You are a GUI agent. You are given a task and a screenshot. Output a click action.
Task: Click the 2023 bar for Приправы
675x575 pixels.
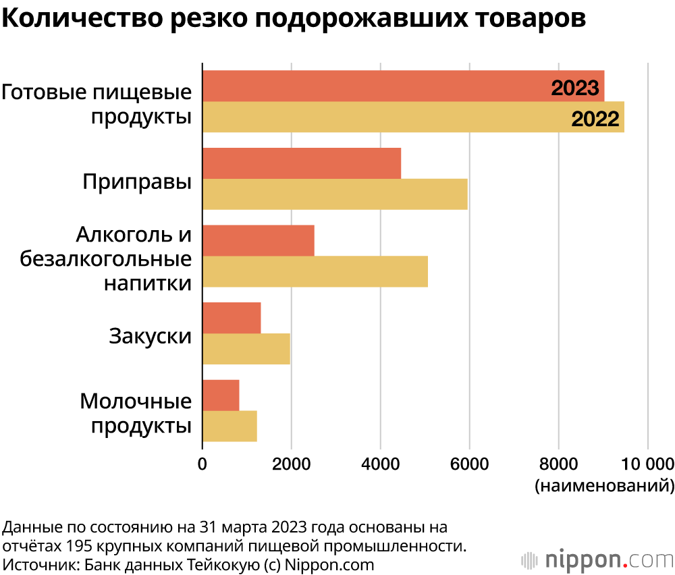[x=302, y=163]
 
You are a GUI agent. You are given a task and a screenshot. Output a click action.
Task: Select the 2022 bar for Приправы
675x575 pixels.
[x=335, y=194]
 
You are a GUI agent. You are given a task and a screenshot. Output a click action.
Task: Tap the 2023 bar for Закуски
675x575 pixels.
[x=232, y=318]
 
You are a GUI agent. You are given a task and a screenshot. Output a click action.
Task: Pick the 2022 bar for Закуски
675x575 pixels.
[x=246, y=349]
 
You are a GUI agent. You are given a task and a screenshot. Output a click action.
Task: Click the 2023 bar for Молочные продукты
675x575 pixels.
[x=221, y=395]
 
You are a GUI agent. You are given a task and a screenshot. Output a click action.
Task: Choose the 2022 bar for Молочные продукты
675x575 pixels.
[x=230, y=427]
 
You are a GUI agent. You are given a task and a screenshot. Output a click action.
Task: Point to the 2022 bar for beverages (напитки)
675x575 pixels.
[x=315, y=271]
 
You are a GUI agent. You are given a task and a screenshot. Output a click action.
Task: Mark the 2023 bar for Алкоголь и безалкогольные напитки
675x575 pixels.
[x=259, y=241]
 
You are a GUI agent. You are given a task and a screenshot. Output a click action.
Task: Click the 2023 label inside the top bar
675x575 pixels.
[x=575, y=88]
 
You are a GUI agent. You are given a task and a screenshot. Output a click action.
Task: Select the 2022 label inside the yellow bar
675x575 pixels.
[x=595, y=119]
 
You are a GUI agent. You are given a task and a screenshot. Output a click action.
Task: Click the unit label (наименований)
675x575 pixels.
[x=604, y=485]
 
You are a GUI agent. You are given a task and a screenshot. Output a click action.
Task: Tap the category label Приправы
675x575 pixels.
[x=137, y=182]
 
